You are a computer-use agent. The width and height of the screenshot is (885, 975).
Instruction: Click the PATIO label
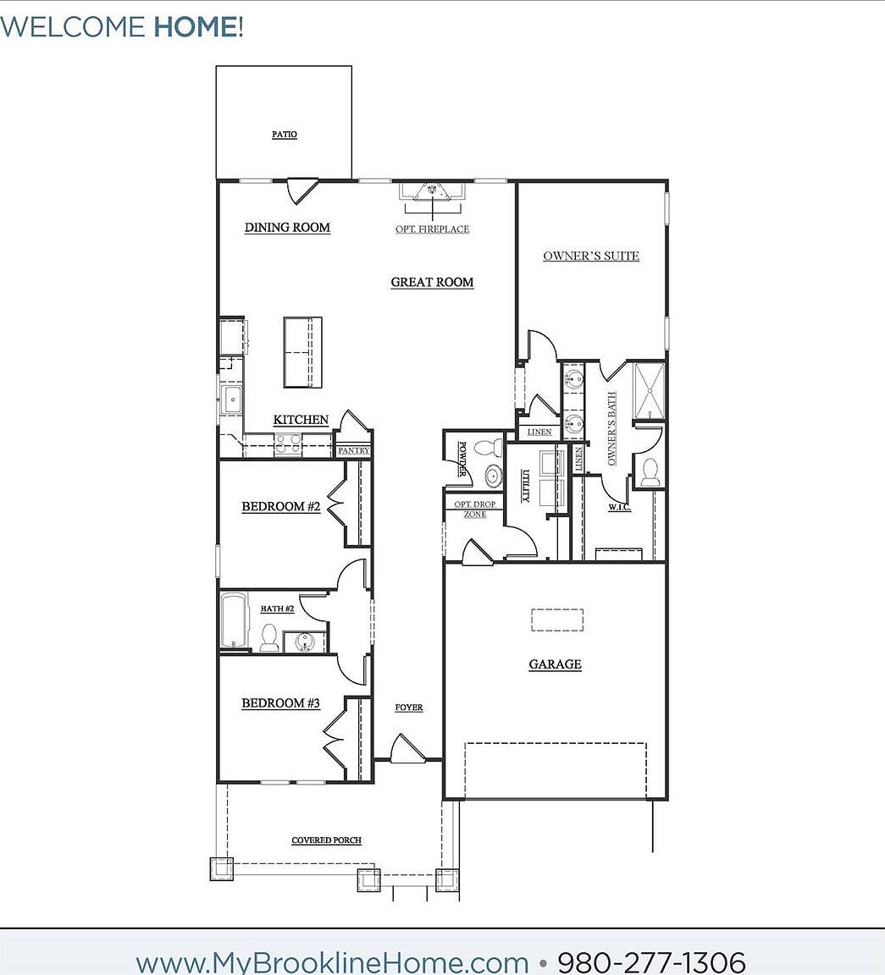point(285,135)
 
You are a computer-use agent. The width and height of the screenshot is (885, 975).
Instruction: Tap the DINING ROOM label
point(287,228)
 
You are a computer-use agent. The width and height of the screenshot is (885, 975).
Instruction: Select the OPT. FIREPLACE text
point(432,229)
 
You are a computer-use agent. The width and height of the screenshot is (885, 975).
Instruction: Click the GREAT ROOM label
point(432,283)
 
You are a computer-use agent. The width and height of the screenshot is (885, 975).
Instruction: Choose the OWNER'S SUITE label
point(591,256)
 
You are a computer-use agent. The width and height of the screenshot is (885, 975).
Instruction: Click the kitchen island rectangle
point(302,352)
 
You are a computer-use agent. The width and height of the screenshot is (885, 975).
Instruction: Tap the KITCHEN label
point(301,420)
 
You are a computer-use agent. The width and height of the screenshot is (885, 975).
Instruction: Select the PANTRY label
point(353,451)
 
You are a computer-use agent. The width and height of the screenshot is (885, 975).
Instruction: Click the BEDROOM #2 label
point(280,507)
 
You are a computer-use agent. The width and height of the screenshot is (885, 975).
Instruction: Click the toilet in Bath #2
point(269,637)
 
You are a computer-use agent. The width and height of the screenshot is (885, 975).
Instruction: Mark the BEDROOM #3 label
point(280,703)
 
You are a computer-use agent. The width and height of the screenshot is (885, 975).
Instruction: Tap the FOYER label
point(409,708)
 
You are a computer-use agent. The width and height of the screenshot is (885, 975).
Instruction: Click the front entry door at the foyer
point(407,750)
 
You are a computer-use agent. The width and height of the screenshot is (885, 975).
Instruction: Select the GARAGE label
point(555,664)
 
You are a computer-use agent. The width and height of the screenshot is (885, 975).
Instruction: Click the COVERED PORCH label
point(326,840)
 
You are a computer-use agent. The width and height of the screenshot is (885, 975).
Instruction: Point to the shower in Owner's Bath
point(649,390)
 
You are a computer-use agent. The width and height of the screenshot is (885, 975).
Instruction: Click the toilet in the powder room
point(487,448)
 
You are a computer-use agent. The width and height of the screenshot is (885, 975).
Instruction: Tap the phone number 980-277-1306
point(651,962)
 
